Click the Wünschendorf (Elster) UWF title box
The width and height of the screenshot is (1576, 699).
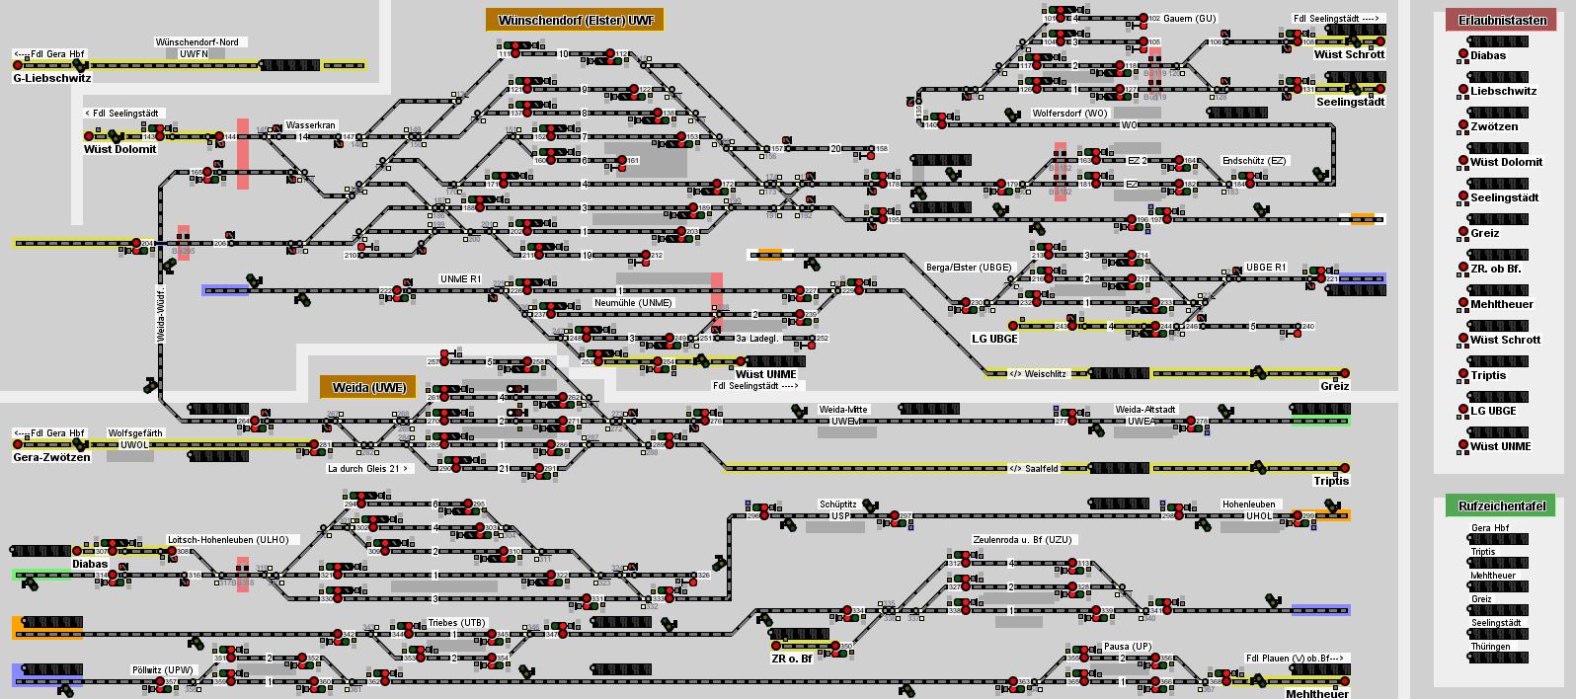click(575, 21)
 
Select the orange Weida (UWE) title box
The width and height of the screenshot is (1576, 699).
click(367, 388)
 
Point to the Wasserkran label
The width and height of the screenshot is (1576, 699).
click(311, 125)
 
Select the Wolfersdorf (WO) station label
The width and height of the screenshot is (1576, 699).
click(1069, 114)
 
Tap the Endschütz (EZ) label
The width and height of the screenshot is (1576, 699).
click(1254, 161)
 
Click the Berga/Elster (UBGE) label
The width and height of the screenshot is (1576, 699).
click(969, 268)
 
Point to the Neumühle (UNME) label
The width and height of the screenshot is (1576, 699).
click(633, 303)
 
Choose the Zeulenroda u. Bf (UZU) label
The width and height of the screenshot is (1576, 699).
click(1021, 540)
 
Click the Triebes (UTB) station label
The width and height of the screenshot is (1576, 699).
click(456, 623)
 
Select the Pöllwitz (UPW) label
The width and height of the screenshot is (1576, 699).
click(163, 670)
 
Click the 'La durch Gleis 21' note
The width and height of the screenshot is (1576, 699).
click(368, 469)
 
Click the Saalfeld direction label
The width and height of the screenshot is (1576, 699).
click(1034, 469)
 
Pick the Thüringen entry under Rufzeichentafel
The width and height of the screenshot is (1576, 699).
click(1490, 647)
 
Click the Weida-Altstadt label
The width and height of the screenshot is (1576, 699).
click(1145, 410)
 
